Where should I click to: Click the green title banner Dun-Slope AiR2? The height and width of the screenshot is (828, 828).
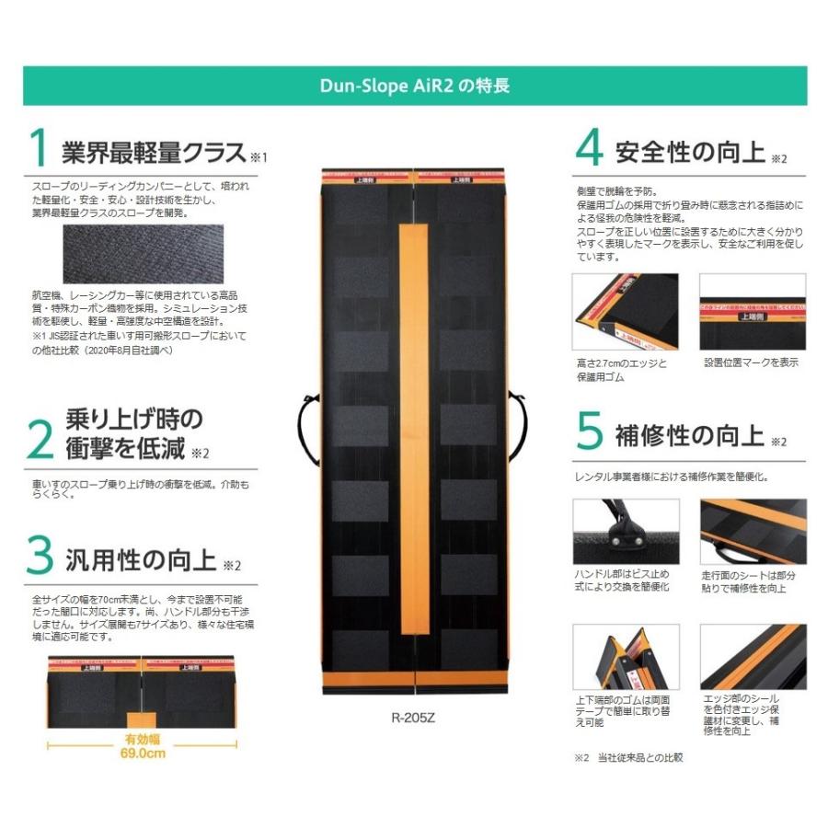pyautogui.click(x=414, y=86)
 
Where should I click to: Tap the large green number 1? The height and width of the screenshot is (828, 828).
pyautogui.click(x=38, y=150)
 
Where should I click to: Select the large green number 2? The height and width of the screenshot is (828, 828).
pyautogui.click(x=39, y=439)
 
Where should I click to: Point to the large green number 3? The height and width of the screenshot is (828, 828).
pyautogui.click(x=39, y=556)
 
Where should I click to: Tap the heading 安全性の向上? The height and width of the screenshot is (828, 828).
pyautogui.click(x=690, y=151)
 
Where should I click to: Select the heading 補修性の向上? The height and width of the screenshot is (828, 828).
pyautogui.click(x=690, y=435)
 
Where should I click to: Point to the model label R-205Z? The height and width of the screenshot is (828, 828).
pyautogui.click(x=413, y=719)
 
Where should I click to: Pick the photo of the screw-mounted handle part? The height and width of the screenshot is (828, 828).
pyautogui.click(x=626, y=534)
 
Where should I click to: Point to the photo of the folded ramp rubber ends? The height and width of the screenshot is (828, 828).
pyautogui.click(x=626, y=657)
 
